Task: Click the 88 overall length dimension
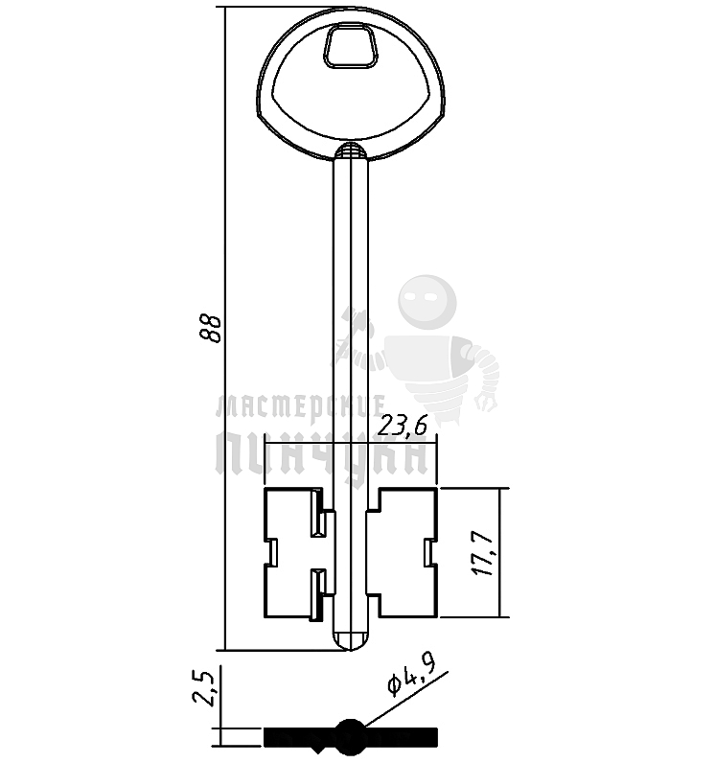[213, 329]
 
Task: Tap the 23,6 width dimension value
[403, 426]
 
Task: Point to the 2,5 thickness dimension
[203, 688]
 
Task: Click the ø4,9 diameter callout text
[411, 674]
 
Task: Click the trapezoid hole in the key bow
[351, 46]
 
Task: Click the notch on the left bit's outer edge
[271, 553]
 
